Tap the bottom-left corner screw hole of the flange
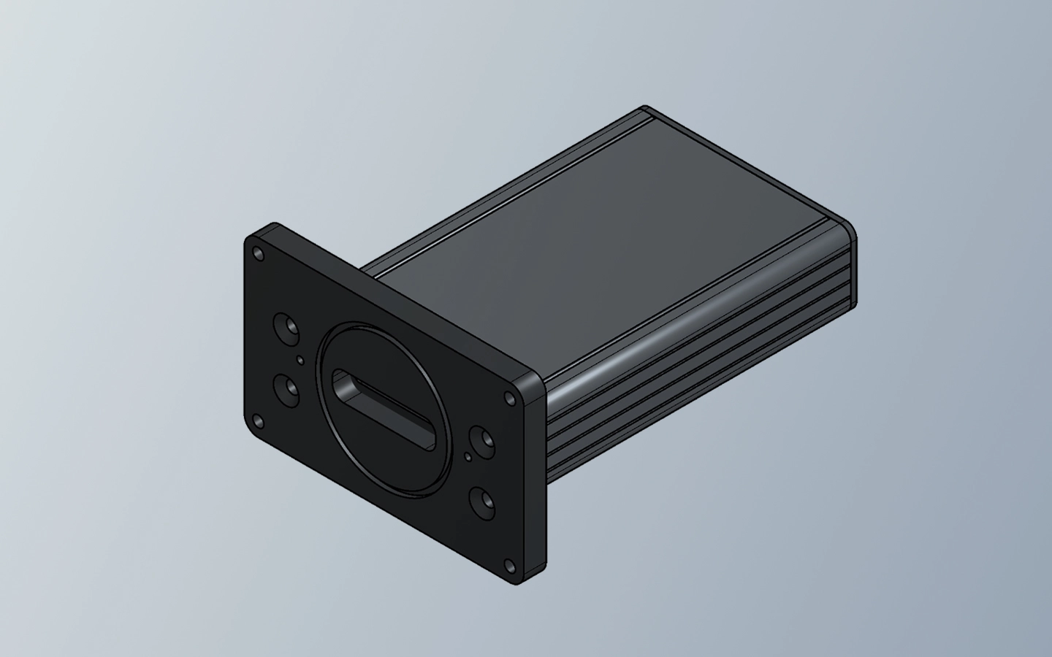(256, 421)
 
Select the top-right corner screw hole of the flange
(510, 398)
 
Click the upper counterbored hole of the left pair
(285, 326)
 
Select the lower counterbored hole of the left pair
(285, 386)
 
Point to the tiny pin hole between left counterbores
(300, 359)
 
